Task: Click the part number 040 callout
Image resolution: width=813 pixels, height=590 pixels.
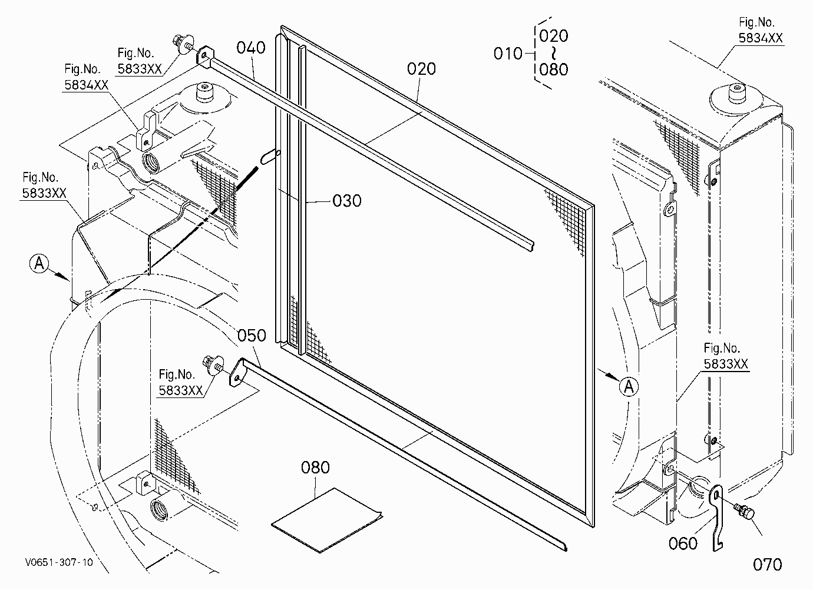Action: pyautogui.click(x=251, y=48)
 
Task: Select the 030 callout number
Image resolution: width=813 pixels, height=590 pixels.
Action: pyautogui.click(x=347, y=201)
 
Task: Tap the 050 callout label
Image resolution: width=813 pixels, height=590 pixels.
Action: pyautogui.click(x=252, y=335)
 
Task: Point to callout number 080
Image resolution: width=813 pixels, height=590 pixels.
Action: pyautogui.click(x=315, y=468)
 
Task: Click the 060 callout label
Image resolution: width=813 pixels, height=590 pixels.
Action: pyautogui.click(x=683, y=543)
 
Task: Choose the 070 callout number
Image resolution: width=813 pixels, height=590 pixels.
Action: pyautogui.click(x=768, y=565)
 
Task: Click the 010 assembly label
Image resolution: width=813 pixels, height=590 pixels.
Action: pyautogui.click(x=508, y=54)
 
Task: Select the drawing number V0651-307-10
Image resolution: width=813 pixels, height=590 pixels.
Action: pyautogui.click(x=59, y=562)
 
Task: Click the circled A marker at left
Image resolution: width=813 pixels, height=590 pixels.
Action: pyautogui.click(x=39, y=263)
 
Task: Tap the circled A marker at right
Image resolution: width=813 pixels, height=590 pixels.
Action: pyautogui.click(x=629, y=386)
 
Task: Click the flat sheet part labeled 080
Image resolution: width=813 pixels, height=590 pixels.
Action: pyautogui.click(x=326, y=519)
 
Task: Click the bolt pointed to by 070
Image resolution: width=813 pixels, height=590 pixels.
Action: pyautogui.click(x=744, y=512)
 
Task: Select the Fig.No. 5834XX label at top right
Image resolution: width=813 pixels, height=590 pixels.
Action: pyautogui.click(x=761, y=30)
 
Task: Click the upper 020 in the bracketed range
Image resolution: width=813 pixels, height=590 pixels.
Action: pyautogui.click(x=554, y=36)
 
